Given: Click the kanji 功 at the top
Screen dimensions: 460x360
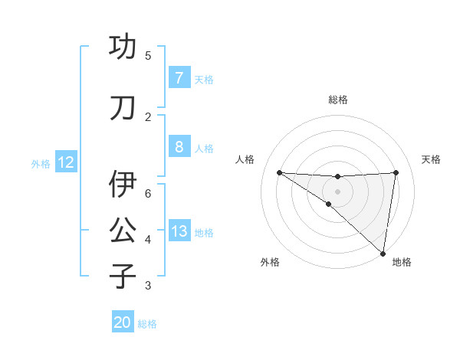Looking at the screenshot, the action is pos(123,47).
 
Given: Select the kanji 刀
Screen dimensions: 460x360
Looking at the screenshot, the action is pos(123,107).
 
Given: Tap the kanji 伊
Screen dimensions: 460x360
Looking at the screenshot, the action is pos(123,184).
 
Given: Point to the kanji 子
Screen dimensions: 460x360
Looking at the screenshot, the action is pos(123,276).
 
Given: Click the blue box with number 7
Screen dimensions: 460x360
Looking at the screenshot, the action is pos(179,77).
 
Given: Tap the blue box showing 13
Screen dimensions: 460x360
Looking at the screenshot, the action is pos(179,231).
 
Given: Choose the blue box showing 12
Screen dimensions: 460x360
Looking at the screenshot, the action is pos(65,162).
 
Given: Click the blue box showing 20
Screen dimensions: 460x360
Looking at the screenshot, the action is pos(123,322).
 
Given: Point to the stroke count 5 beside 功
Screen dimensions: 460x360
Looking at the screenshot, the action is pos(148,56).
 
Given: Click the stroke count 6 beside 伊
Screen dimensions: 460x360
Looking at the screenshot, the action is pos(148,193).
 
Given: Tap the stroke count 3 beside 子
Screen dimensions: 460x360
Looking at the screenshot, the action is pos(148,286).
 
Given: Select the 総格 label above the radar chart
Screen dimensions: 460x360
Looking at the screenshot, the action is pos(337,100).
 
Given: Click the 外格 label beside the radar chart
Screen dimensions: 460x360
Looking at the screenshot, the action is pos(270,263).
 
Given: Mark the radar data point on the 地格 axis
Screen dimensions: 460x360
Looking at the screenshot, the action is pos(383,254).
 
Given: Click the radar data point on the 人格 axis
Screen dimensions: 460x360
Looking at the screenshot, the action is pos(279,172).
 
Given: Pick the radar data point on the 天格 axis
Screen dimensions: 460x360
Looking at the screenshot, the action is pos(396,172).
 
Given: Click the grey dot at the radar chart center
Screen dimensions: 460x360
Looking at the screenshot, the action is pos(337,190).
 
